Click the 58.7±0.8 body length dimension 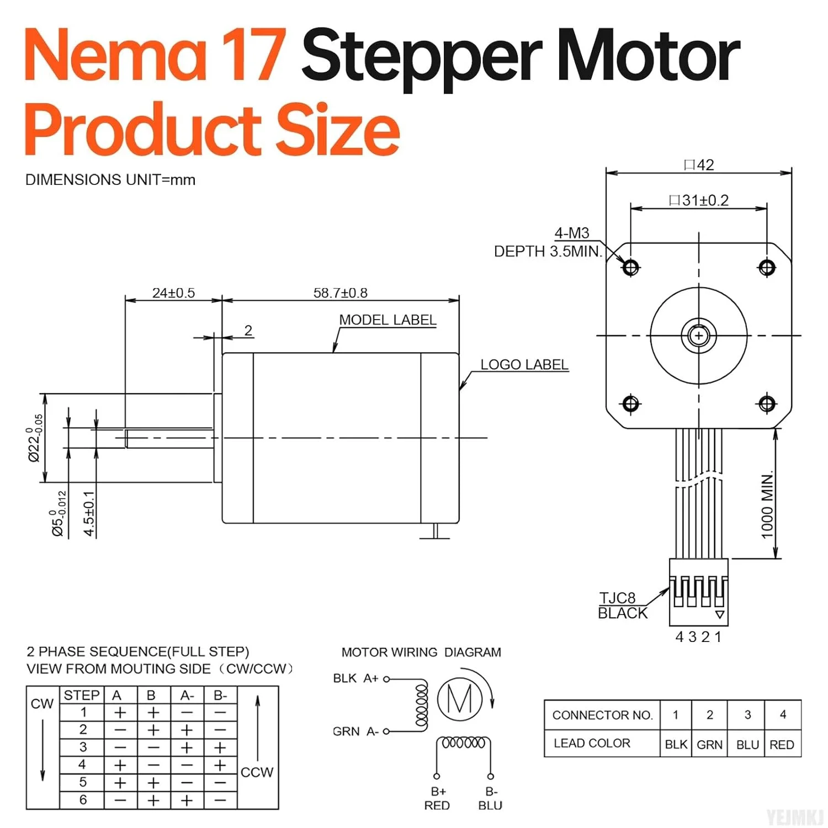[x=340, y=293]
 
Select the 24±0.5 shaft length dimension [x=173, y=293]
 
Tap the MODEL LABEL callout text [x=388, y=320]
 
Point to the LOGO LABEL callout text [x=524, y=364]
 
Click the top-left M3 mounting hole [x=630, y=268]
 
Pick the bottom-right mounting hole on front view [x=767, y=404]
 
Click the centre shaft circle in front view [x=699, y=335]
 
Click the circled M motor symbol [x=459, y=699]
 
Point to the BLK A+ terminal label [x=355, y=678]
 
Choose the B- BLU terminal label [x=490, y=799]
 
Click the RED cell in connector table [x=782, y=745]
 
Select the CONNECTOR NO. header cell [x=602, y=715]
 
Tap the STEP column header [x=82, y=695]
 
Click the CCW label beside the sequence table [x=257, y=772]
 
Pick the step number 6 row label [x=83, y=800]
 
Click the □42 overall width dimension [x=699, y=165]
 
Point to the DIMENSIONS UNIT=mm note [x=110, y=180]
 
